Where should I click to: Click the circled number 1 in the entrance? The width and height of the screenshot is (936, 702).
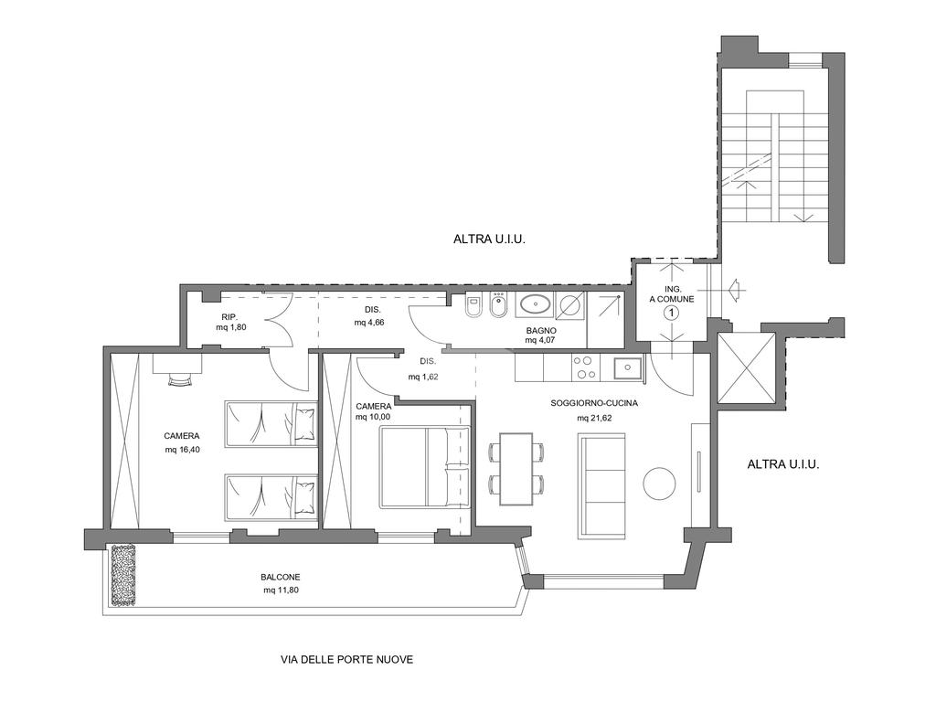tap(672, 313)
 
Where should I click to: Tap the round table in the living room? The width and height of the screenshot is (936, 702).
tap(660, 483)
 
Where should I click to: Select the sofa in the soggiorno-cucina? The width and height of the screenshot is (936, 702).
tap(601, 485)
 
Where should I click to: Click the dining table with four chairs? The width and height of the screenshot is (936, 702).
tap(516, 469)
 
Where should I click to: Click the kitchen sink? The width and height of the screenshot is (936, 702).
tap(628, 367)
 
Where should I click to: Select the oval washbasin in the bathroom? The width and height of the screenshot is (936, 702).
tap(535, 305)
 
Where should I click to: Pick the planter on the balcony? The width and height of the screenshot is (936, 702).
tap(123, 574)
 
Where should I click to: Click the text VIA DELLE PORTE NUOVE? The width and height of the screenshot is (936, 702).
tap(346, 660)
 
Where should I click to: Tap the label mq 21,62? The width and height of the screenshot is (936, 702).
tap(594, 418)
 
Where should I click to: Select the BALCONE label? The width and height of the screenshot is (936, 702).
tap(281, 578)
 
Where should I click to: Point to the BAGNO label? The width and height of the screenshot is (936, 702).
tap(541, 330)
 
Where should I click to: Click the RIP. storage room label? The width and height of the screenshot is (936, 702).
tap(230, 317)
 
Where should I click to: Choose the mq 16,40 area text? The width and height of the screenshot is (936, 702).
tap(182, 450)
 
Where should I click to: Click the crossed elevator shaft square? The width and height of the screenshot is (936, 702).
tap(746, 367)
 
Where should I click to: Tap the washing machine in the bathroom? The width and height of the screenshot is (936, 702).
tap(570, 305)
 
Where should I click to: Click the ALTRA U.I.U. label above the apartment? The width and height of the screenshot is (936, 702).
tap(490, 240)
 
